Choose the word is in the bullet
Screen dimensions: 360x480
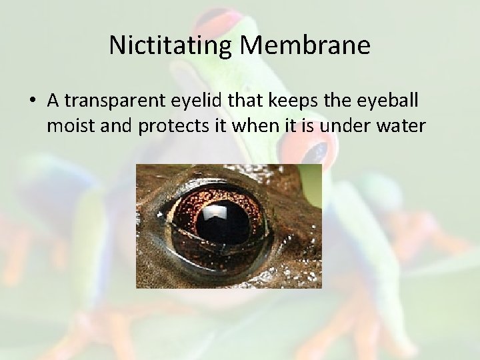point(297,125)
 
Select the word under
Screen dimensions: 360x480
point(334,125)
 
